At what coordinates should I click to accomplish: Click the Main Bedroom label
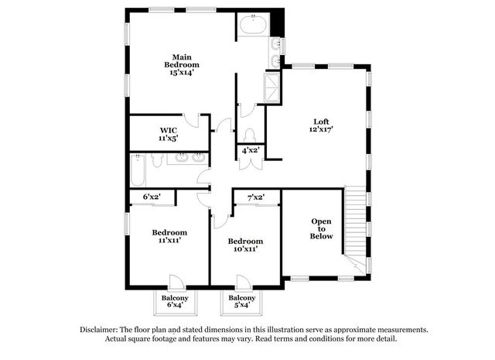(x=182, y=65)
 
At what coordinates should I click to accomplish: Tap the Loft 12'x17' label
(x=321, y=125)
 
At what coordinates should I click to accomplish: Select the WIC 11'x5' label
(x=169, y=135)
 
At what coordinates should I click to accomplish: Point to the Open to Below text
(x=321, y=229)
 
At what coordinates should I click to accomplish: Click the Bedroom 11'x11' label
(x=169, y=236)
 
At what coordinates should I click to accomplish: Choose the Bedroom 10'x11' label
(x=245, y=245)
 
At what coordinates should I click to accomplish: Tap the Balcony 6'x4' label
(x=175, y=301)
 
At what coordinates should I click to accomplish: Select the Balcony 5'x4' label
(x=242, y=301)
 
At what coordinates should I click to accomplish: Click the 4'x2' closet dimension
(x=251, y=150)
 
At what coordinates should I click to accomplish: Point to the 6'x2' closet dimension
(x=152, y=197)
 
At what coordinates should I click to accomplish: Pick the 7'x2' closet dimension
(x=256, y=197)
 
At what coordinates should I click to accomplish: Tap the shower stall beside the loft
(x=271, y=87)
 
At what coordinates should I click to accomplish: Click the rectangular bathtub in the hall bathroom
(x=138, y=170)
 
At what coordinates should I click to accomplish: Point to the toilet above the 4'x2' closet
(x=250, y=135)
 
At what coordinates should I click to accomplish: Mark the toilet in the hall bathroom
(x=156, y=160)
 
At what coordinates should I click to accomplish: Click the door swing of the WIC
(x=191, y=121)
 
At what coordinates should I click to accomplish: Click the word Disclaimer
(x=99, y=330)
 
